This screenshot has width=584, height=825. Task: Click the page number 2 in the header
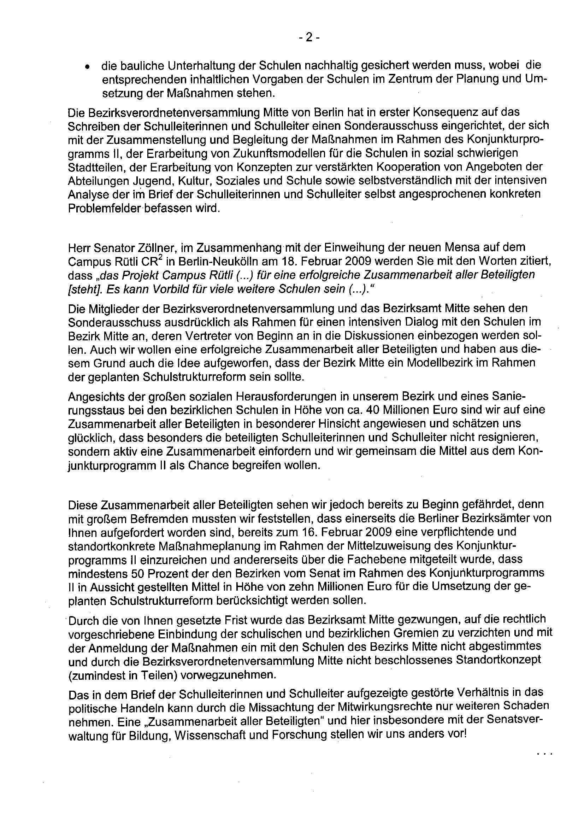(308, 38)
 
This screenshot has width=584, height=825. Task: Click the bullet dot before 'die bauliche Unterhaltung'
(87, 67)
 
